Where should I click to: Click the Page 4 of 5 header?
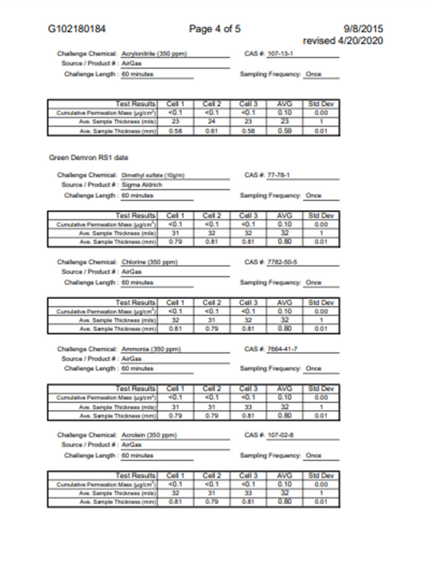point(215,29)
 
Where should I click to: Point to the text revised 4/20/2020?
point(343,40)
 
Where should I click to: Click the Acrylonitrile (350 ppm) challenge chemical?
point(155,53)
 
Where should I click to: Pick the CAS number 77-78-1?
point(278,175)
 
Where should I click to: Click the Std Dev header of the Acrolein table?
point(320,475)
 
